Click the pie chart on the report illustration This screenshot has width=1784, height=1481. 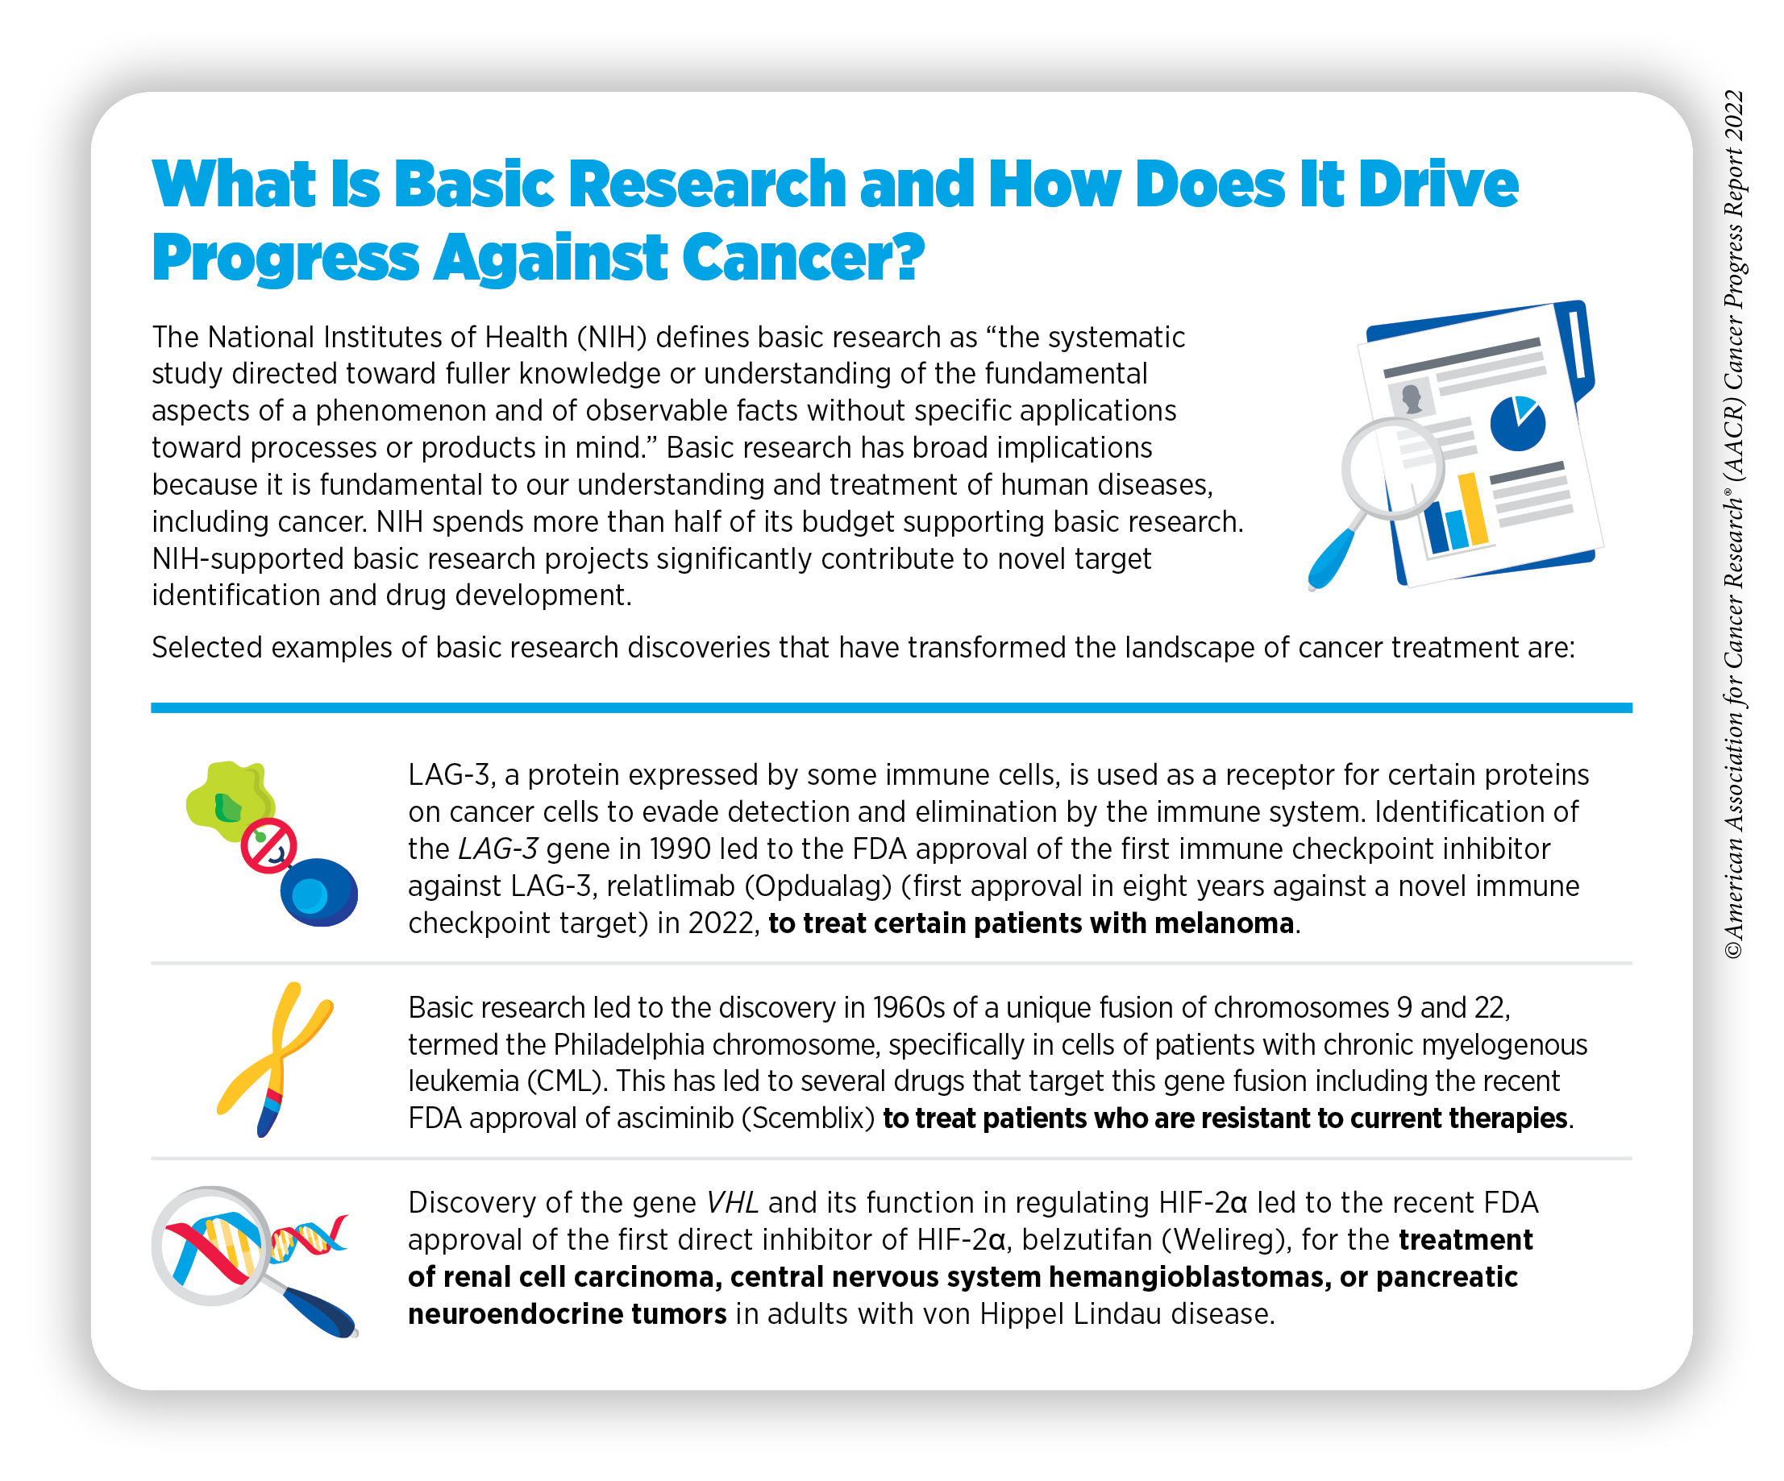tap(1517, 423)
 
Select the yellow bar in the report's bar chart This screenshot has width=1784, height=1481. tap(1474, 508)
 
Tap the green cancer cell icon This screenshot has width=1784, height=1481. tap(231, 801)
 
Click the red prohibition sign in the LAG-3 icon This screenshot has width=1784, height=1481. tap(268, 846)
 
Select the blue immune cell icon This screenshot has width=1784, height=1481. tap(318, 892)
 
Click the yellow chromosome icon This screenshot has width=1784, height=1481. tap(274, 1057)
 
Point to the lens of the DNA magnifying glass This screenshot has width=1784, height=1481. tap(211, 1245)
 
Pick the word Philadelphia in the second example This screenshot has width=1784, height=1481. tap(645, 1044)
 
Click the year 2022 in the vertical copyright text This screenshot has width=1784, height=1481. tap(1734, 115)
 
